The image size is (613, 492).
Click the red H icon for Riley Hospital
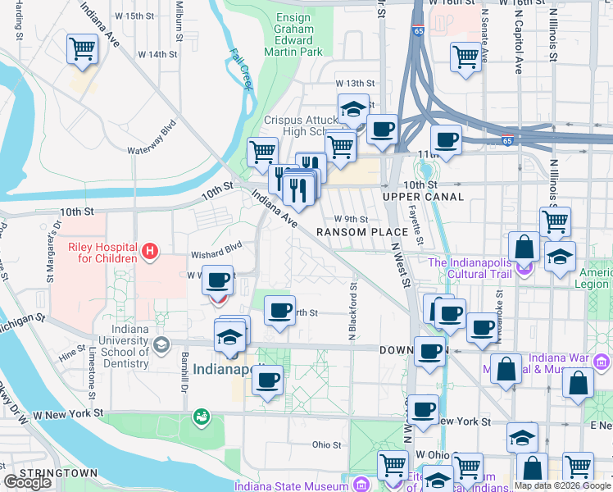point(150,252)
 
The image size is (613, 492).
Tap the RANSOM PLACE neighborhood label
point(356,232)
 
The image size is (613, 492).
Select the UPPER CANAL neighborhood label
point(422,198)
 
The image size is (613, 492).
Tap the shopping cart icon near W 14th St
point(82,49)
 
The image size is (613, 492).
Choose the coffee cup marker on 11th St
point(446,140)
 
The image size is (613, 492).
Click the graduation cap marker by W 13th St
point(353,109)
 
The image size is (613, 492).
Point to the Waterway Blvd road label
point(152,139)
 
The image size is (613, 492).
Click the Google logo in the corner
point(27,482)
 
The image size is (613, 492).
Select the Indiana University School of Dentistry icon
point(161,343)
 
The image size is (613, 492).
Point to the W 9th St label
point(351,218)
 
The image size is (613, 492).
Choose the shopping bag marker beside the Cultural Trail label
point(524,247)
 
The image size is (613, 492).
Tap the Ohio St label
point(325,445)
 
